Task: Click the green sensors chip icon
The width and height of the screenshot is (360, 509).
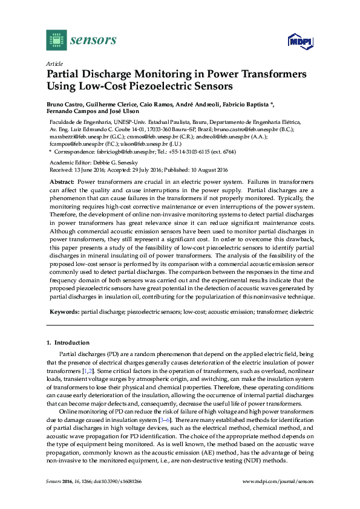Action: pyautogui.click(x=56, y=40)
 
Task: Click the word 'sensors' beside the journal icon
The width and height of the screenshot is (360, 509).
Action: pyautogui.click(x=93, y=40)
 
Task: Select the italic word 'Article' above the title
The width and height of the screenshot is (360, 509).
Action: pyautogui.click(x=54, y=63)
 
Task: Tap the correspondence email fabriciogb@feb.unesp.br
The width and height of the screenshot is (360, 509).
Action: pyautogui.click(x=117, y=152)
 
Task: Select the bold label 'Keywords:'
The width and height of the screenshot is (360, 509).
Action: pyautogui.click(x=64, y=312)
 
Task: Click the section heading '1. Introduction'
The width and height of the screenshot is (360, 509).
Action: pyautogui.click(x=68, y=342)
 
